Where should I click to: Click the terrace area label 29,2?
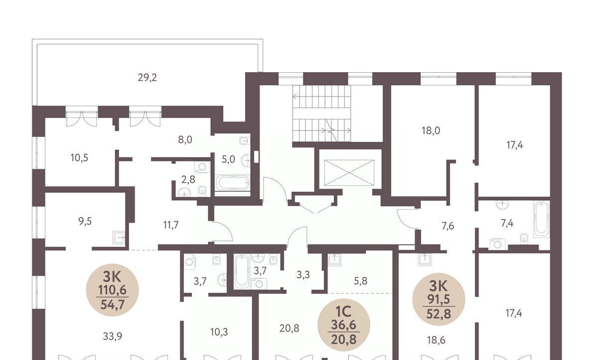148,78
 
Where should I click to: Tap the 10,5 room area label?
79,157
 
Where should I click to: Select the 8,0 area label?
185,140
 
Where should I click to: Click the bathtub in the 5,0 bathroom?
233,182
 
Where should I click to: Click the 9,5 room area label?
85,221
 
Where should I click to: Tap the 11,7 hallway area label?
171,225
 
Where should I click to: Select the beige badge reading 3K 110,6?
113,290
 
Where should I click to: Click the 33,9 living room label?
113,336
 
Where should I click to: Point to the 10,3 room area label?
219,332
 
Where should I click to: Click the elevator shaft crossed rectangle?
349,173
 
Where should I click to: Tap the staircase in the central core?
321,114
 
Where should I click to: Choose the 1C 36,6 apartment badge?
344,325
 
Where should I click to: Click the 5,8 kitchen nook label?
360,281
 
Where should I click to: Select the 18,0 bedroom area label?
431,130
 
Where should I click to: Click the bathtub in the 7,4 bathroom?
541,220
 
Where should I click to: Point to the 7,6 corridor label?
447,227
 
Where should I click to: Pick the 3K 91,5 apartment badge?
439,299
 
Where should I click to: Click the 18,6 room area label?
436,340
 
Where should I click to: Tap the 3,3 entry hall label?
303,275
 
